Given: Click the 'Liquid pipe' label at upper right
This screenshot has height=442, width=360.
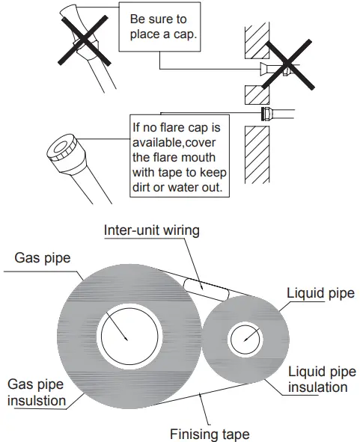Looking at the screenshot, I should coord(321,293).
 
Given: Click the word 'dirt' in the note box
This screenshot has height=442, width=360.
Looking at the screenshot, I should coord(142,188).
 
